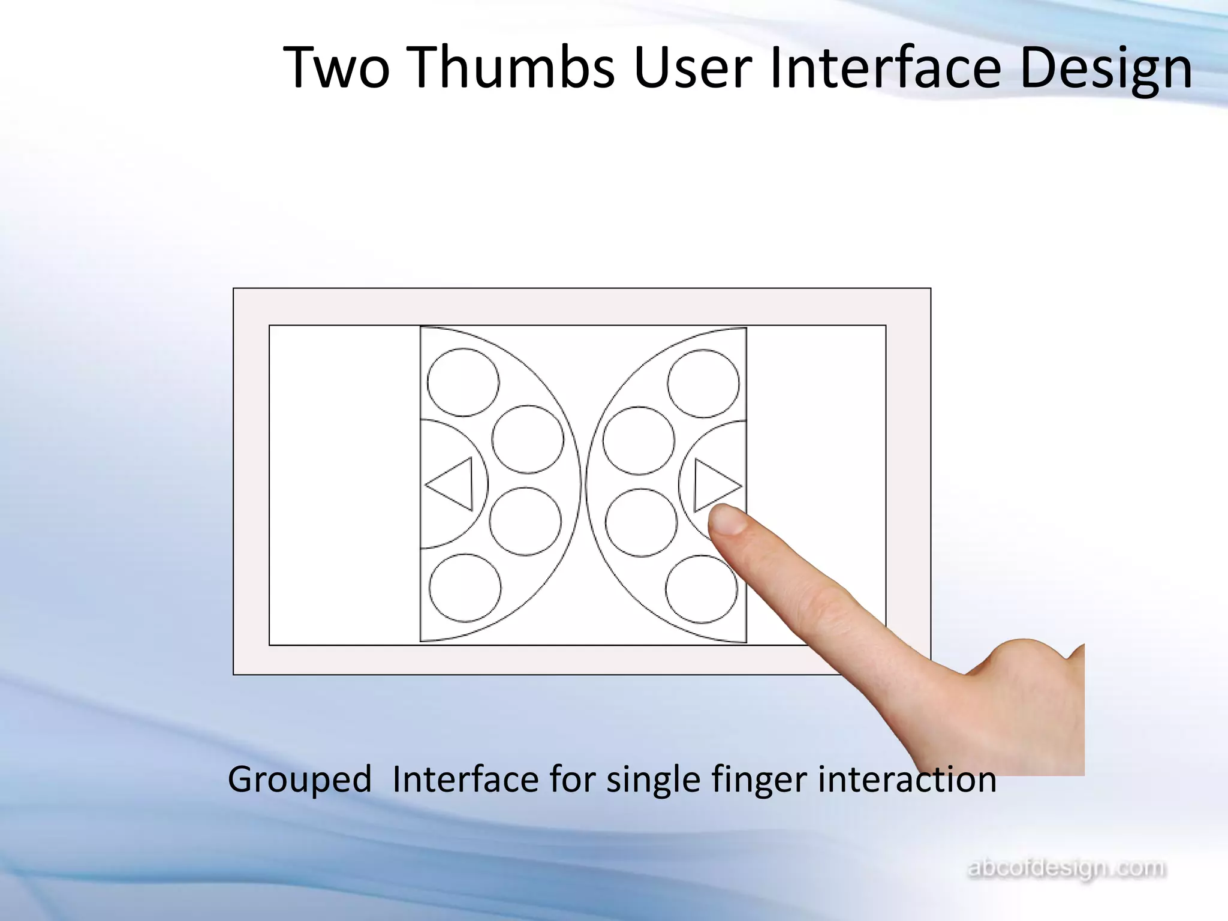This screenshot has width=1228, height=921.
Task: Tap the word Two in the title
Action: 336,67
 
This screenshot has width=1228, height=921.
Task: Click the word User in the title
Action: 693,67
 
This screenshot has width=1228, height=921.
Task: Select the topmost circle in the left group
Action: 463,383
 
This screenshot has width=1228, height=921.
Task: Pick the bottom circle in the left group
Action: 465,588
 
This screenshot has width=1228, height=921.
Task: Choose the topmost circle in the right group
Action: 703,384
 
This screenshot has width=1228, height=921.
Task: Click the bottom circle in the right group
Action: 702,589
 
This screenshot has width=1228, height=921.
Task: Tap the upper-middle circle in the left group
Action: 528,440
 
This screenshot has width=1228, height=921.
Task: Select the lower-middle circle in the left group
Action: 525,521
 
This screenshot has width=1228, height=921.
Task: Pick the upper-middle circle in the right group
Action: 639,441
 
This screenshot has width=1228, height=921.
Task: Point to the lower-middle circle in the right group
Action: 641,522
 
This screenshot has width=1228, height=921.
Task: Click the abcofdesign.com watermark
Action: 1067,869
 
